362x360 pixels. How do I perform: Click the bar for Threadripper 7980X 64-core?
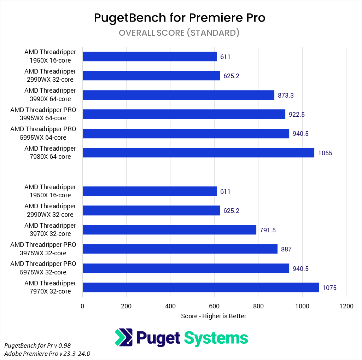click(198, 153)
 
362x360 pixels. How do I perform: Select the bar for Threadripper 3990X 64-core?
click(178, 95)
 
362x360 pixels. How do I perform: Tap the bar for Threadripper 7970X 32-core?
click(200, 288)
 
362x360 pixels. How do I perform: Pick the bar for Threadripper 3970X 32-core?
click(169, 230)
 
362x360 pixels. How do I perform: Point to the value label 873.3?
click(286, 95)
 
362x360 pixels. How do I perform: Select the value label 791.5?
click(268, 230)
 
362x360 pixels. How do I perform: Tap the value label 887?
click(286, 249)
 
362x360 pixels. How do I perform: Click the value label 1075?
click(329, 288)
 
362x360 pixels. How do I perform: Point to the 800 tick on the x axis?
click(258, 306)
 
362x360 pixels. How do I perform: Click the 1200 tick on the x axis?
click(346, 306)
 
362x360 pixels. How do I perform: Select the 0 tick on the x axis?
click(82, 306)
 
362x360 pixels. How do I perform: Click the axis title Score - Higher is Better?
click(214, 316)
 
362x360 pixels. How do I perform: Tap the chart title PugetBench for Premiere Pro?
click(180, 17)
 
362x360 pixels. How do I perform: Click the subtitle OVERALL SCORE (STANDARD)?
click(179, 33)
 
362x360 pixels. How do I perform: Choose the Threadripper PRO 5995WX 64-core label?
click(43, 133)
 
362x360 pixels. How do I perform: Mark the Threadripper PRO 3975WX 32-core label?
click(43, 249)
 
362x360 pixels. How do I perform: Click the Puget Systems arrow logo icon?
click(124, 337)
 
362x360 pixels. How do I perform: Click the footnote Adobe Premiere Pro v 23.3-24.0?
click(47, 353)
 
